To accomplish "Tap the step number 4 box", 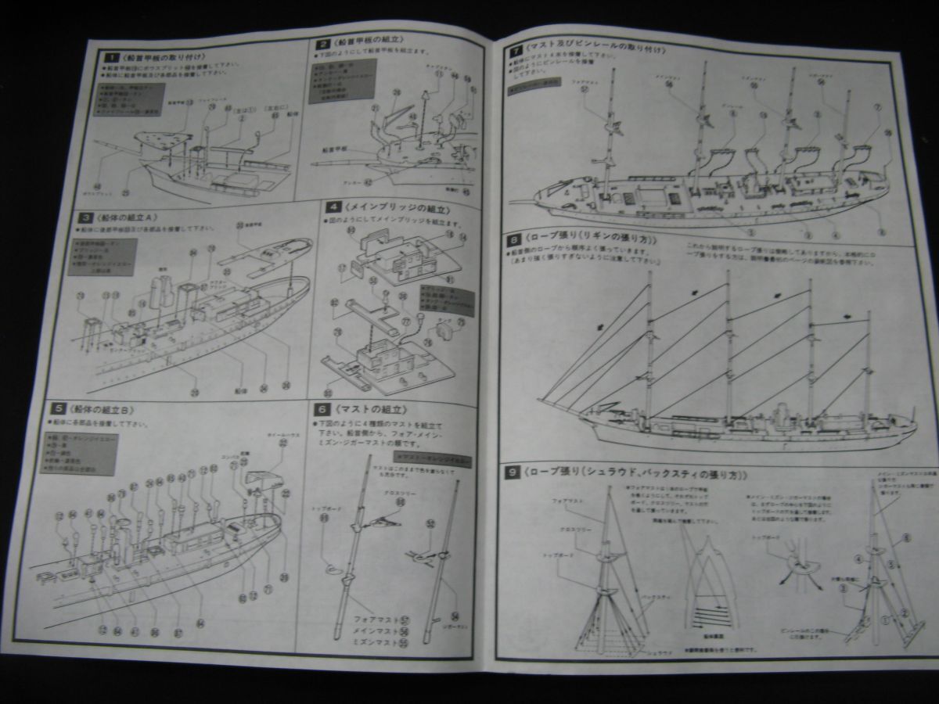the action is [333, 207].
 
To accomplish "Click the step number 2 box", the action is [323, 45].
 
